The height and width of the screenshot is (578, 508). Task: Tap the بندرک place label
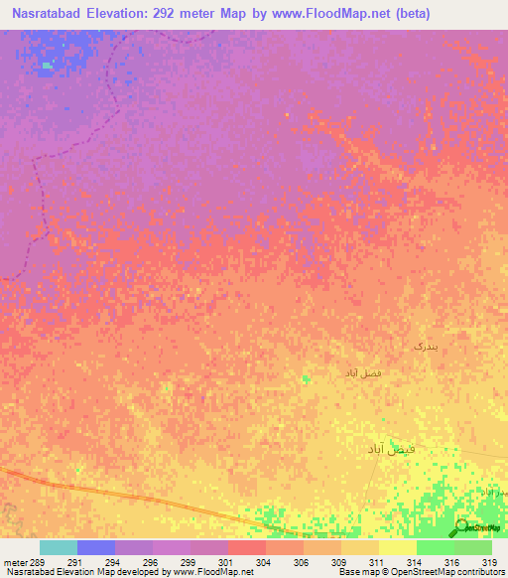[x=425, y=346]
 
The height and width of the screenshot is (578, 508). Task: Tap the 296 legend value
[x=150, y=562]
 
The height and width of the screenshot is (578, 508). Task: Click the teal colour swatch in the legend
[x=59, y=547]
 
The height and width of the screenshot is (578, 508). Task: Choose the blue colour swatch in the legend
[x=96, y=547]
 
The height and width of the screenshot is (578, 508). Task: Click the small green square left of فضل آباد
[x=306, y=378]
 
